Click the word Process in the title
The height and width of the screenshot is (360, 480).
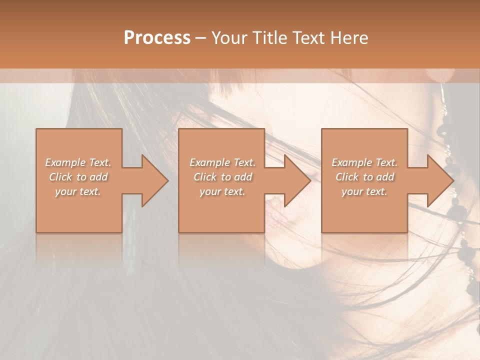pyautogui.click(x=157, y=38)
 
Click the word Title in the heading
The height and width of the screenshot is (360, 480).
pyautogui.click(x=269, y=38)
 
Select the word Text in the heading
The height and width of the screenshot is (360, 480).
pyautogui.click(x=308, y=38)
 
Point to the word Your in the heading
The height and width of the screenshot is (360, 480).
pyautogui.click(x=230, y=38)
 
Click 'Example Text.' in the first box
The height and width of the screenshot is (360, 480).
pyautogui.click(x=78, y=162)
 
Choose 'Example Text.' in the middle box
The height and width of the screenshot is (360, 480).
pyautogui.click(x=222, y=162)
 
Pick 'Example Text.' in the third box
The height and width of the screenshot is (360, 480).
pyautogui.click(x=364, y=162)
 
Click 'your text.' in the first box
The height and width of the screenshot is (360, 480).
pyautogui.click(x=78, y=191)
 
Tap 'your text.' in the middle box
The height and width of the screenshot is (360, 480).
pyautogui.click(x=222, y=191)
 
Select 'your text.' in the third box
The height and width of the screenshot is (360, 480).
pyautogui.click(x=364, y=191)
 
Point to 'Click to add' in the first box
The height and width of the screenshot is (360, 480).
pyautogui.click(x=78, y=177)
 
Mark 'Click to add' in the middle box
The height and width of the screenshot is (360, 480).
pyautogui.click(x=222, y=177)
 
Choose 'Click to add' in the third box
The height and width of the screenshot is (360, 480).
pyautogui.click(x=364, y=177)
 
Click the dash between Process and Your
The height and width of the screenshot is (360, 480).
pyautogui.click(x=200, y=38)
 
